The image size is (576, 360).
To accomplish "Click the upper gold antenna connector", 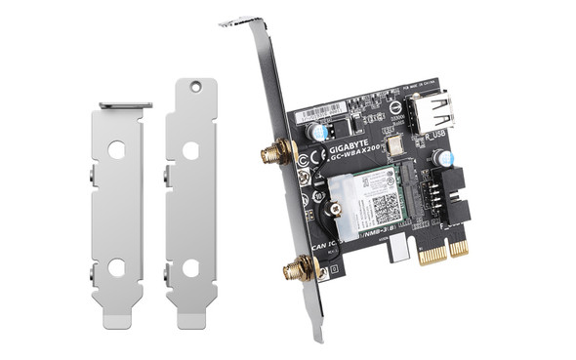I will (x=267, y=152).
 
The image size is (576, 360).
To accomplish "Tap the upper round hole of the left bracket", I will (x=116, y=152).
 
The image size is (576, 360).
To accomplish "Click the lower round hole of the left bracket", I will (x=116, y=265).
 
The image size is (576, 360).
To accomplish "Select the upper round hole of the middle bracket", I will (x=190, y=151).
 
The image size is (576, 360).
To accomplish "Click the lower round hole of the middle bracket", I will (x=190, y=265).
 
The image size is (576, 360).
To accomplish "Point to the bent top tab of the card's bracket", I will (x=241, y=21).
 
